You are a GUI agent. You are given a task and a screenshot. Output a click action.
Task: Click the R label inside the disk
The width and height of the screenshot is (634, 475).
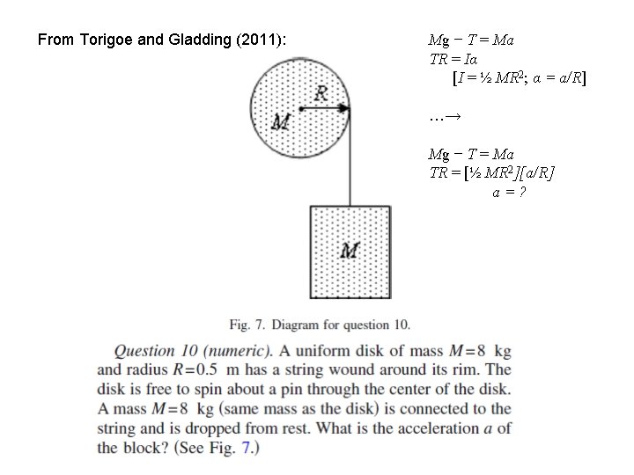(x=321, y=92)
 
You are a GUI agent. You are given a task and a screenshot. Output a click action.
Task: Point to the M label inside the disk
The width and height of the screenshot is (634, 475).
(x=281, y=121)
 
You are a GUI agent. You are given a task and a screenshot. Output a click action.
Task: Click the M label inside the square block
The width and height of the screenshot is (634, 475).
(x=350, y=251)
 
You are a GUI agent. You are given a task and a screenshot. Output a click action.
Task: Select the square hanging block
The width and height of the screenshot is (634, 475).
(x=350, y=252)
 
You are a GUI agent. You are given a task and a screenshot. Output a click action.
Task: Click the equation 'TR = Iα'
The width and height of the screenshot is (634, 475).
(x=454, y=59)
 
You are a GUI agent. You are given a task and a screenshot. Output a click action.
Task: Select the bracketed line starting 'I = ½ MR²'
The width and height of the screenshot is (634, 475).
(x=520, y=78)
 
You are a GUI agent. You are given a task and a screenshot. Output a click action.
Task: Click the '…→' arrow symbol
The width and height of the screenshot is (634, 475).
(x=446, y=115)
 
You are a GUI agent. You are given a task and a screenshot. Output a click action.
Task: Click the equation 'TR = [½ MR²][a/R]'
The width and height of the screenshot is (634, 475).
(x=491, y=172)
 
